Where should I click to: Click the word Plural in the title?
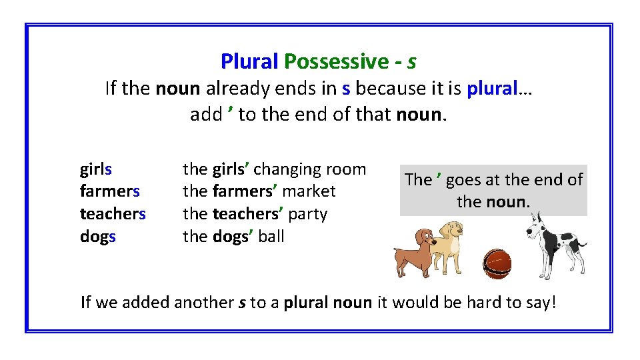point(249,62)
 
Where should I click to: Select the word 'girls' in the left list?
point(96,169)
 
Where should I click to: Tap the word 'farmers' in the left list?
point(109,192)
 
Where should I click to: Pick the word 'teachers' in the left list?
point(113,214)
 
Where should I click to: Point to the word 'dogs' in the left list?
point(98,237)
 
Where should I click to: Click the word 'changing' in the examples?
point(285,169)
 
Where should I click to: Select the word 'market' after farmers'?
point(309,192)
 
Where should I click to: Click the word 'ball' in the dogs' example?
point(271,237)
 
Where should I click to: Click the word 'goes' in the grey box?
point(463,180)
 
